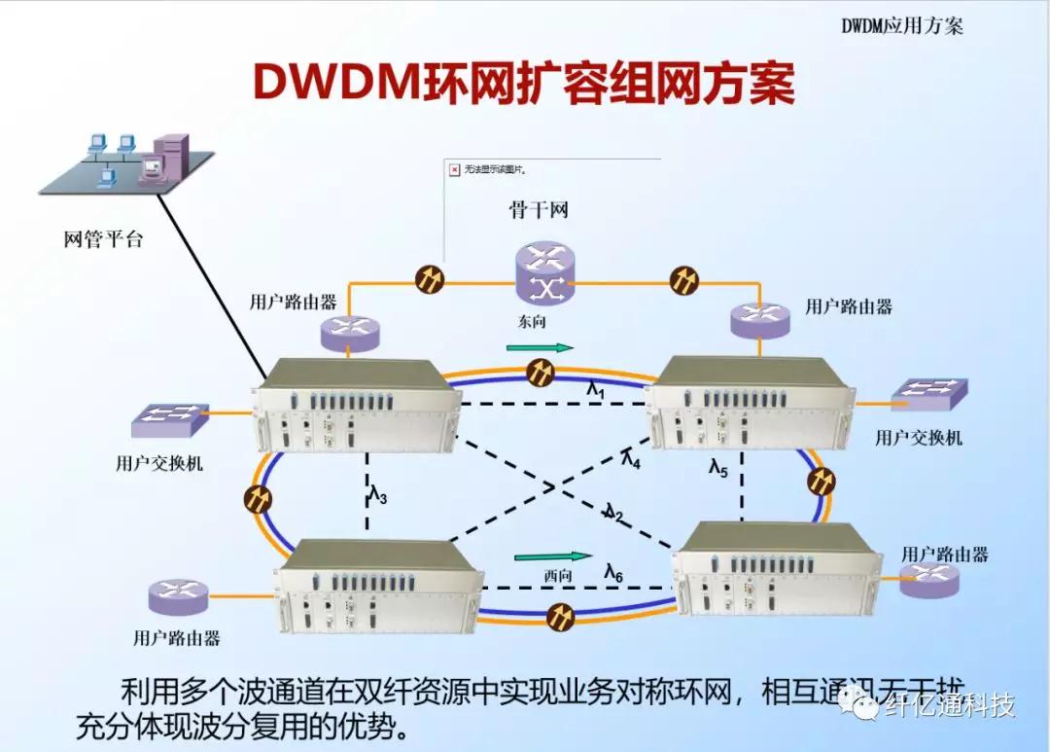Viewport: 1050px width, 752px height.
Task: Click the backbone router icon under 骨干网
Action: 545,275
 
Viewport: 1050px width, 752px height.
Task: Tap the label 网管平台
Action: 102,238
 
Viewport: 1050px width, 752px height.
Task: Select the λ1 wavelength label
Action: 596,390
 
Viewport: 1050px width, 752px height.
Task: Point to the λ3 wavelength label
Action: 378,496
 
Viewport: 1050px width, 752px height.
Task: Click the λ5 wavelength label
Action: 717,470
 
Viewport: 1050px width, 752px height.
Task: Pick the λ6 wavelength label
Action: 613,573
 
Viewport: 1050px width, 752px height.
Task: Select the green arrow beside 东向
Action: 541,347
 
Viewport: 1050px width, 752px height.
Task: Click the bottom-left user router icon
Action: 178,595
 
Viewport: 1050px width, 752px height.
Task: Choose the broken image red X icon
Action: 454,169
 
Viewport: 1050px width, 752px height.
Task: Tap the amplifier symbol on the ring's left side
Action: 258,499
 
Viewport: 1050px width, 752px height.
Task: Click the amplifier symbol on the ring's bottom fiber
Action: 561,615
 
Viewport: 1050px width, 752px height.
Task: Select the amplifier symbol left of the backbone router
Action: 429,280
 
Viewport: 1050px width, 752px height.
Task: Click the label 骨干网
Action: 538,210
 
